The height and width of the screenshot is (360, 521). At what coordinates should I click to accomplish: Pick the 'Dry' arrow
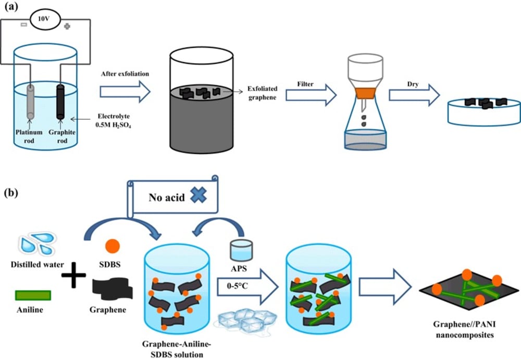(x=412, y=95)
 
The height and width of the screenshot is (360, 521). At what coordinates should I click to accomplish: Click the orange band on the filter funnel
(x=362, y=94)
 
